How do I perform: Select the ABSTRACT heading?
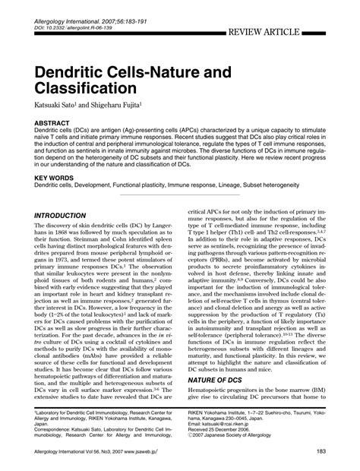coord(57,122)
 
